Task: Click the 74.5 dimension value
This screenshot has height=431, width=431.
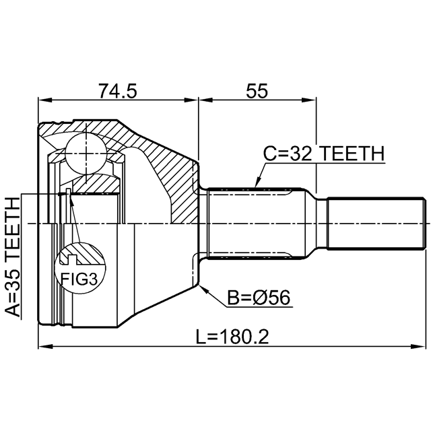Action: pyautogui.click(x=118, y=91)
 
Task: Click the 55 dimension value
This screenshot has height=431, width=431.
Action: pyautogui.click(x=257, y=91)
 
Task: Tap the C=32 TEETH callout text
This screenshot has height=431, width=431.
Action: pyautogui.click(x=323, y=154)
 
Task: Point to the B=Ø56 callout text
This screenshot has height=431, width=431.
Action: pyautogui.click(x=259, y=298)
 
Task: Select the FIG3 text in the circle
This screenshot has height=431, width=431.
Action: pyautogui.click(x=79, y=279)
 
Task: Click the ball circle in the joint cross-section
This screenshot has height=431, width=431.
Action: pyautogui.click(x=86, y=154)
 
